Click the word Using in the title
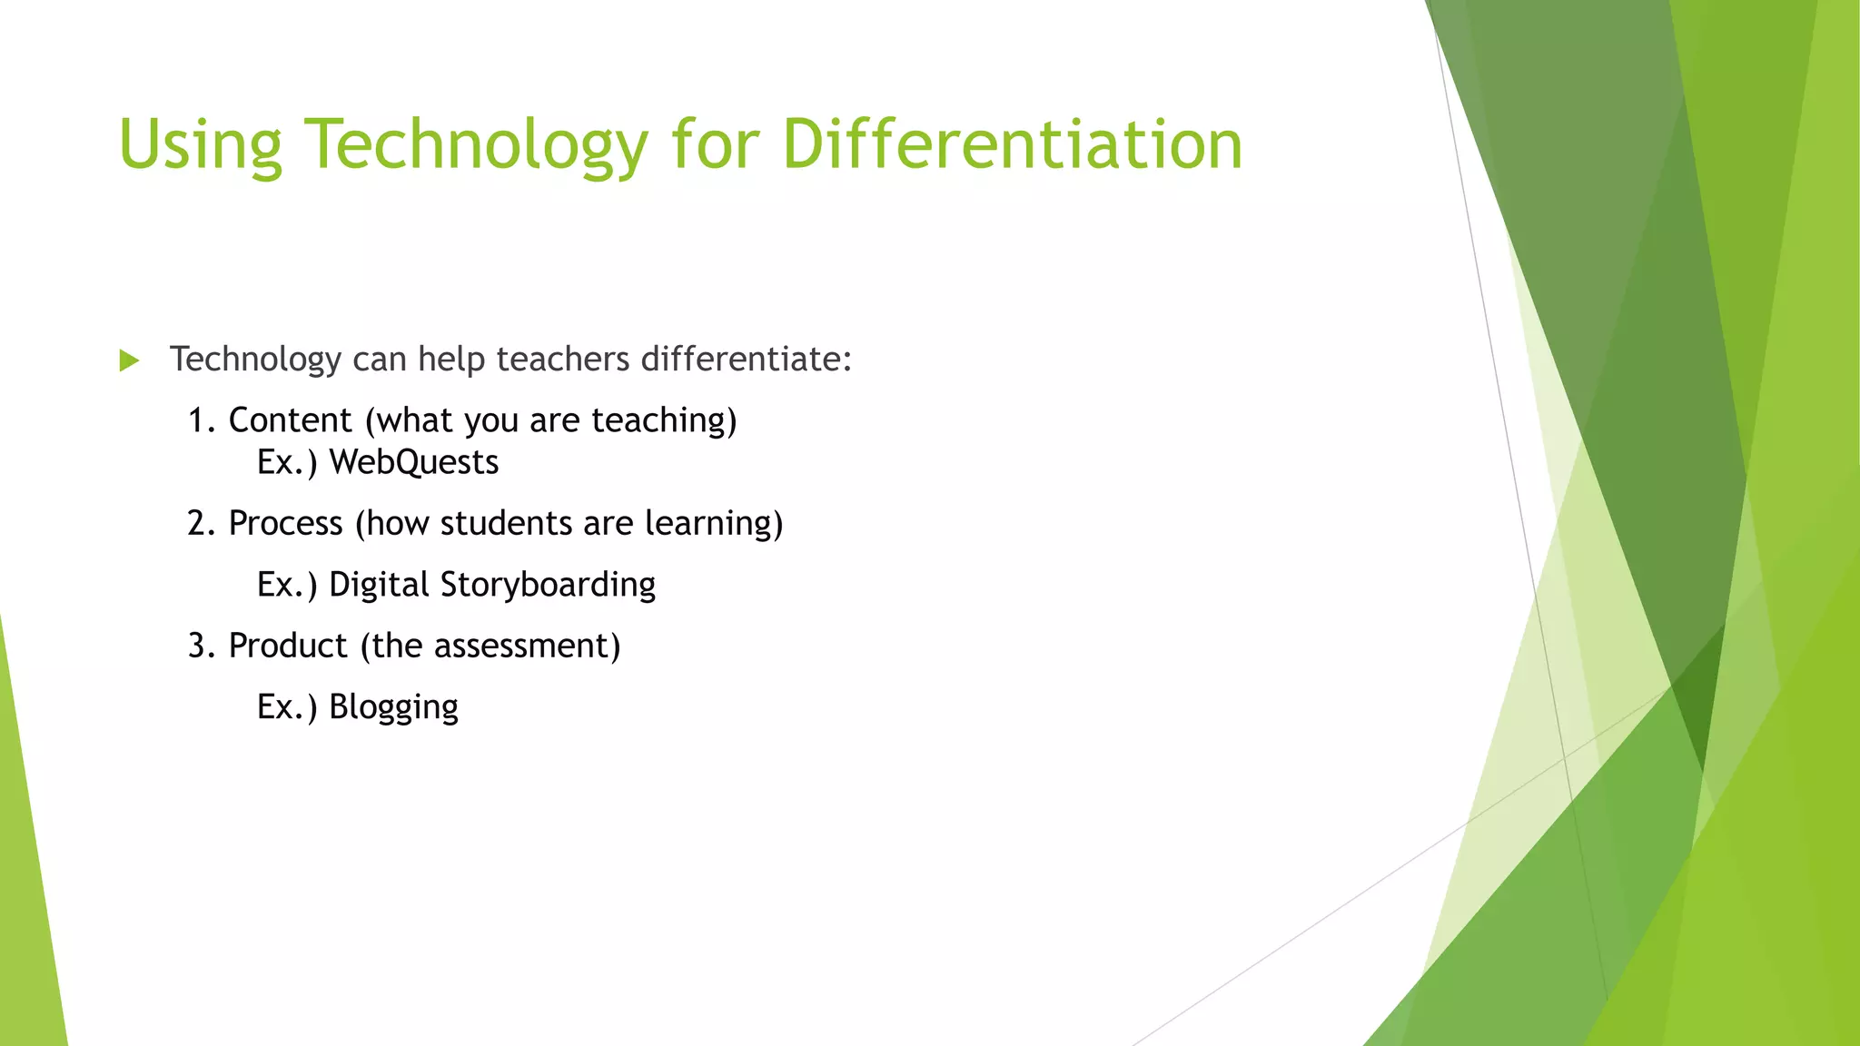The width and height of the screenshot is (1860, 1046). (200, 145)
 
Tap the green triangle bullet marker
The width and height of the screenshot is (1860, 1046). (129, 361)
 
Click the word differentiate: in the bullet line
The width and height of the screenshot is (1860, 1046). (746, 360)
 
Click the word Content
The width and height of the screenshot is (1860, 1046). (290, 421)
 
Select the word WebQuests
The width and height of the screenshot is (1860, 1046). (413, 463)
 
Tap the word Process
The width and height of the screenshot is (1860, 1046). (285, 524)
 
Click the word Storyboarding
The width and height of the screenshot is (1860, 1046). (548, 585)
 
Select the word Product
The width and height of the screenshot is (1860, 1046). (288, 646)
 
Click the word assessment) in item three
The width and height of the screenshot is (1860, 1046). (527, 646)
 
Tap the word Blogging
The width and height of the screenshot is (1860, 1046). (393, 707)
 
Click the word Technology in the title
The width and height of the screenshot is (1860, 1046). (476, 145)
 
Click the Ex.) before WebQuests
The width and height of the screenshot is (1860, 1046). (287, 463)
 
